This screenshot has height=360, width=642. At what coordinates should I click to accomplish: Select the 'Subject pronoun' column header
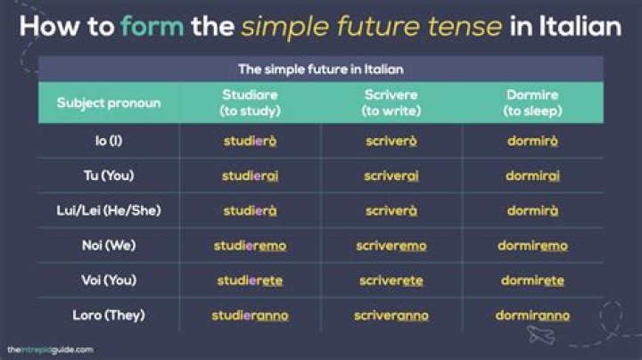click(x=109, y=102)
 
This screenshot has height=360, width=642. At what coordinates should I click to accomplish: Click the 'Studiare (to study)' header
click(x=250, y=102)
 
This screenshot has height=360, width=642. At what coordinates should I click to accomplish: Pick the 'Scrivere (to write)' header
click(x=391, y=102)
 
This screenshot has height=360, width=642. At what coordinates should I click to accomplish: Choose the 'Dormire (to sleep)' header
click(x=532, y=102)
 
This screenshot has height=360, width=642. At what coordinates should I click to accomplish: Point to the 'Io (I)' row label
click(x=109, y=141)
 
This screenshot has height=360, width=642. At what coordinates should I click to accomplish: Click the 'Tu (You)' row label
click(x=109, y=176)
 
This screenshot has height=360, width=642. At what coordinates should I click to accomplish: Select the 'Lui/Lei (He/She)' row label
click(x=109, y=210)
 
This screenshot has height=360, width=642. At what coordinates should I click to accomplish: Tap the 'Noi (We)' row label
click(x=109, y=245)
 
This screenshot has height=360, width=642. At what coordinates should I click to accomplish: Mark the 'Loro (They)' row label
click(x=109, y=315)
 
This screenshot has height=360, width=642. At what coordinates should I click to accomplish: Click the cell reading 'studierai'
click(x=250, y=176)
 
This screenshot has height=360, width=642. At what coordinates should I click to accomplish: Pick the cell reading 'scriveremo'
click(x=391, y=245)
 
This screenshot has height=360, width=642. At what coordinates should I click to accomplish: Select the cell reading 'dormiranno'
click(x=532, y=315)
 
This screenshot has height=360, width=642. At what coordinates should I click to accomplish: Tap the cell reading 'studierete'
click(x=250, y=280)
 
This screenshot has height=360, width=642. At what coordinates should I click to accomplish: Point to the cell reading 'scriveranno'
click(x=391, y=315)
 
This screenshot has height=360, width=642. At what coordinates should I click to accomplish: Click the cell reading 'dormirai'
click(x=532, y=176)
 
